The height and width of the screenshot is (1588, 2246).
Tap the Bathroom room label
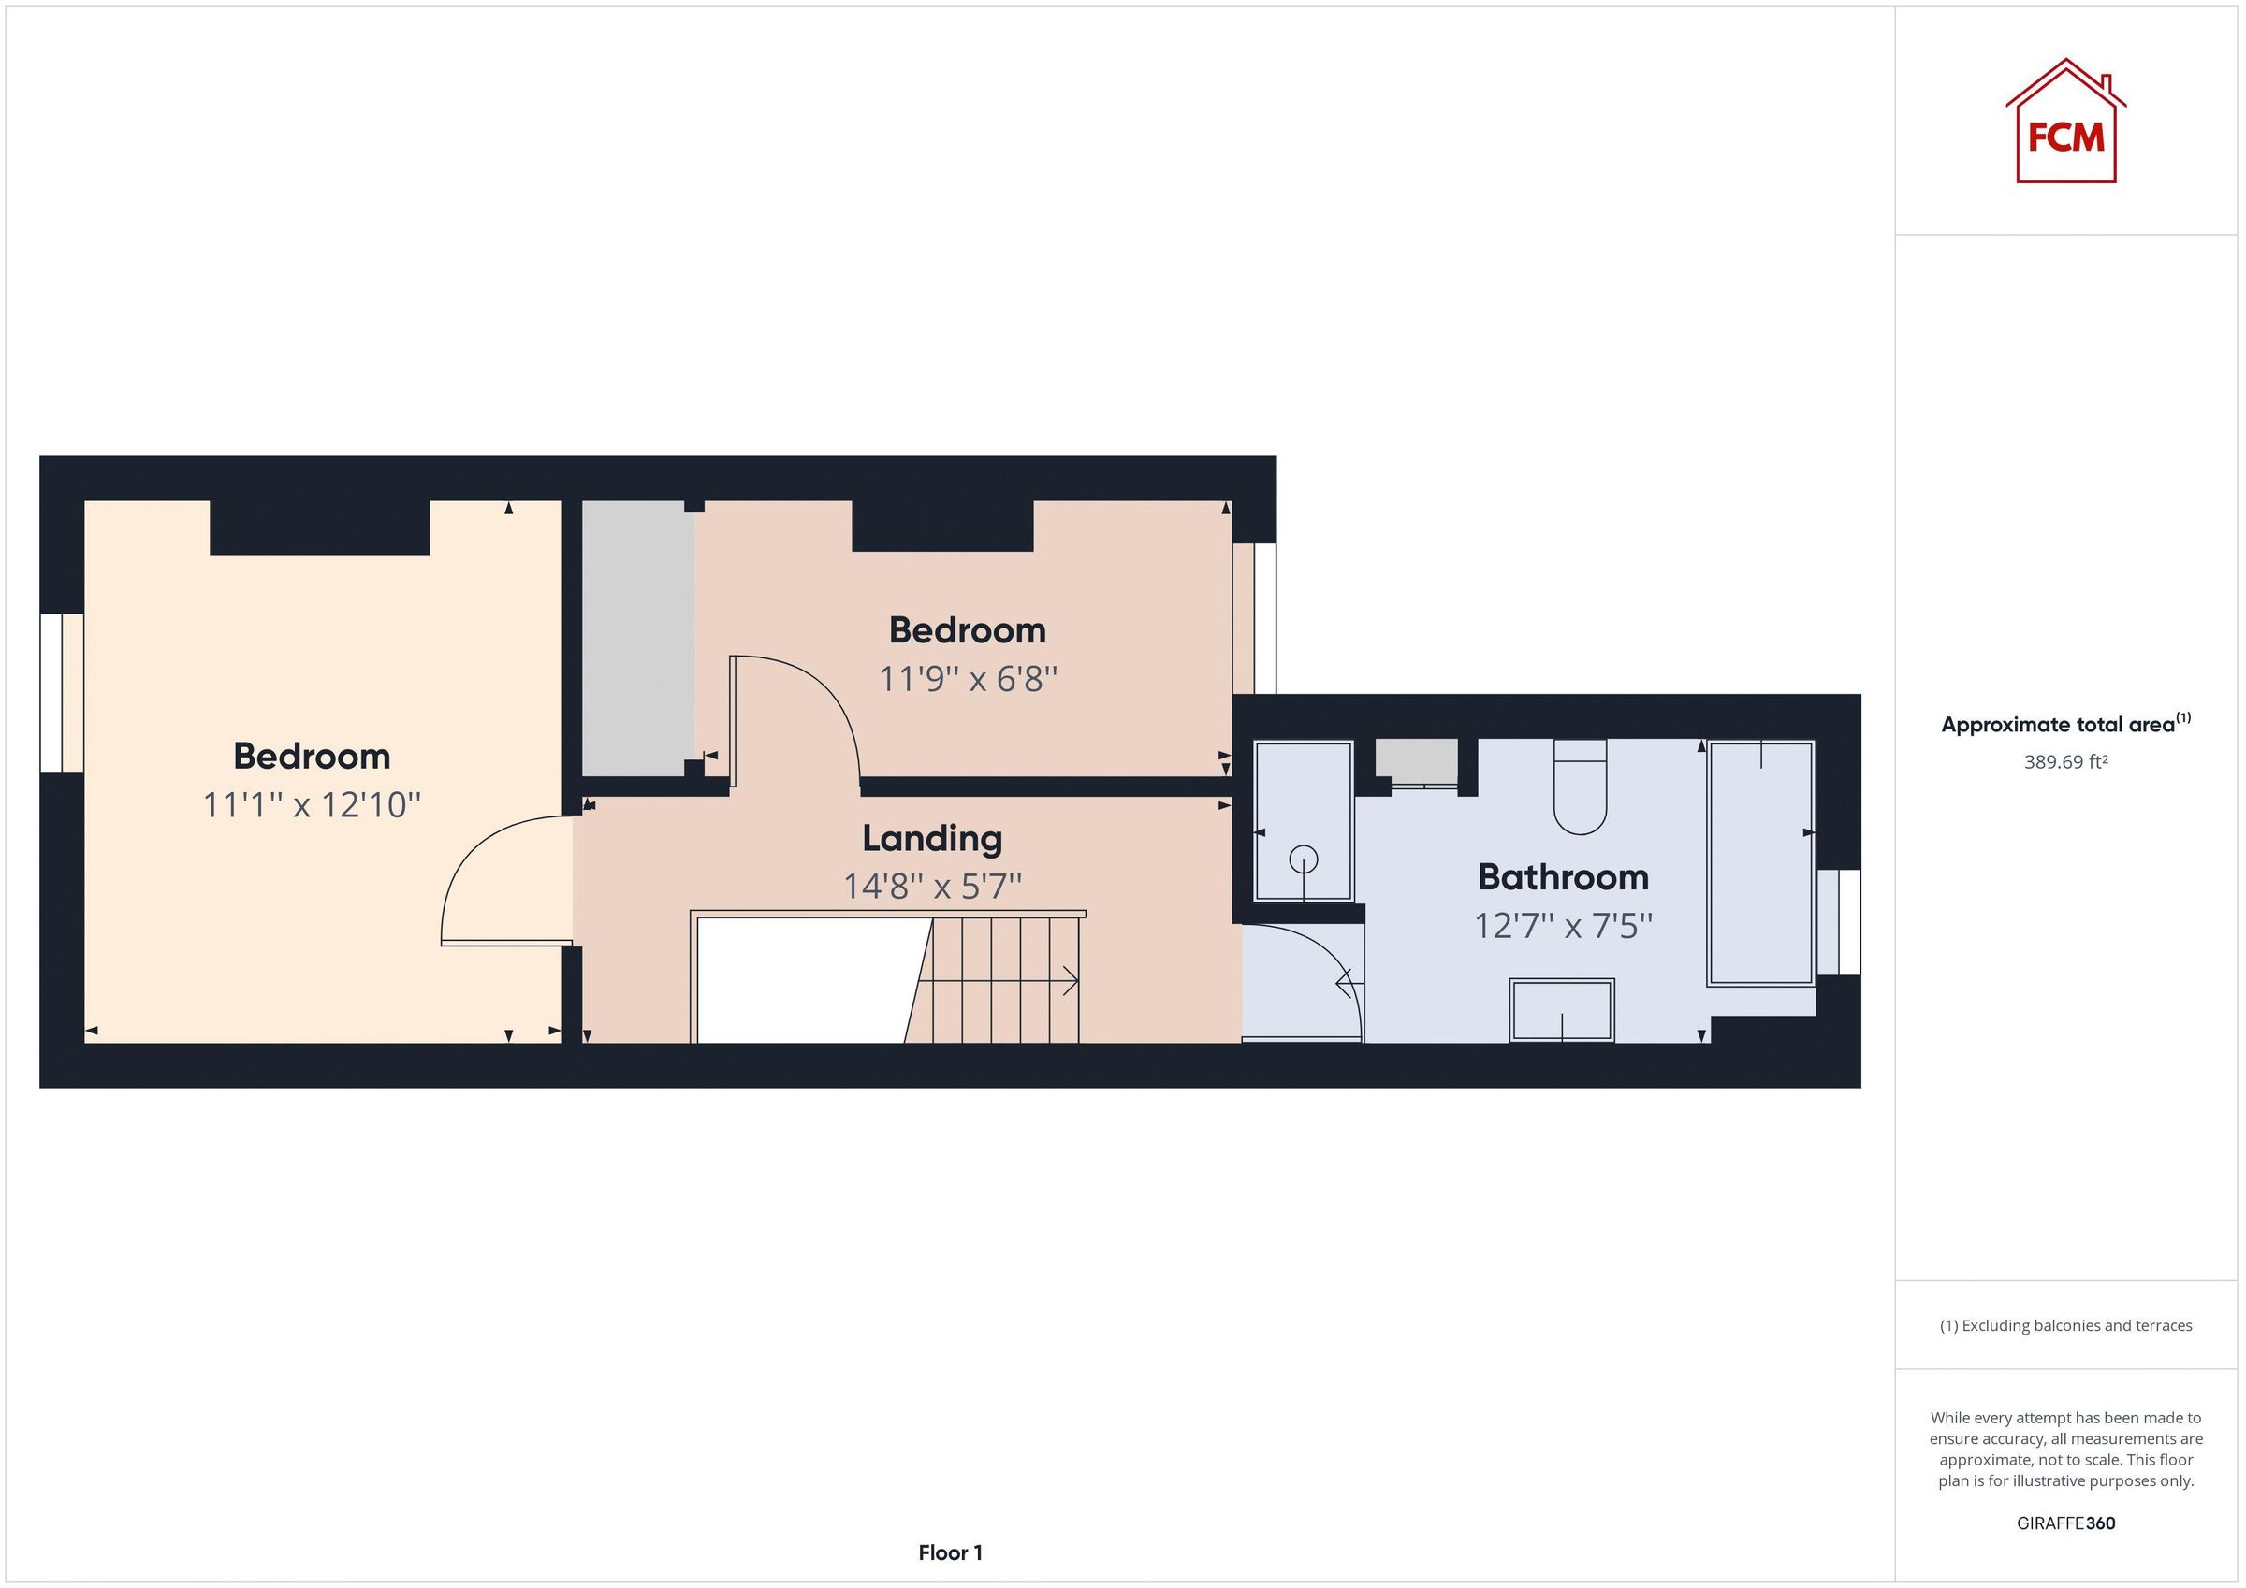[x=1562, y=877]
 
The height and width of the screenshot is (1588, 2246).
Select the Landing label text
[x=931, y=838]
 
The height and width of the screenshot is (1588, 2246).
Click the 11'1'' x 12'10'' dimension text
[x=311, y=806]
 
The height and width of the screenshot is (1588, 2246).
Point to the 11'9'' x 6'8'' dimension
[x=968, y=679]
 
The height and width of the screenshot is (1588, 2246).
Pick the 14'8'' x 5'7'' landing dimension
[x=931, y=887]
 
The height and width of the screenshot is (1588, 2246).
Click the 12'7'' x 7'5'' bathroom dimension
[x=1562, y=925]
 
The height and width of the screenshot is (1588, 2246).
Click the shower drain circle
[x=1303, y=859]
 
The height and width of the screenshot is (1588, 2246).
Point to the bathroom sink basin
[x=1561, y=1010]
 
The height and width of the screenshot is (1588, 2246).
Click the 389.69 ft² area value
[x=2065, y=761]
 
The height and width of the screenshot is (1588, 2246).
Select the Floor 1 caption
[x=950, y=1552]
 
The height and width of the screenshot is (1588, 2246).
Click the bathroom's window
[x=1839, y=922]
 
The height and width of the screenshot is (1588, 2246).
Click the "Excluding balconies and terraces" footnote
[x=2065, y=1326]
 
